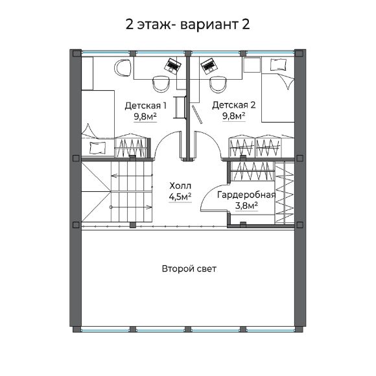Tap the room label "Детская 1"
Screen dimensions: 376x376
pos(146,105)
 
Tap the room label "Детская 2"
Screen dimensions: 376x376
pos(233,105)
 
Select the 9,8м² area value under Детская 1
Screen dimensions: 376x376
pos(146,117)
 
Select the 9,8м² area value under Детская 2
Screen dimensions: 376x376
pos(233,117)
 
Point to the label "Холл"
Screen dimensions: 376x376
pos(180,185)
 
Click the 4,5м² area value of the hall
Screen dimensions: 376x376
pos(180,196)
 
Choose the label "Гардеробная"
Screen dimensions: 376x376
pos(246,194)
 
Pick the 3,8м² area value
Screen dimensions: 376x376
pos(246,206)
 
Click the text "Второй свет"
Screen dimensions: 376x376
pos(189,268)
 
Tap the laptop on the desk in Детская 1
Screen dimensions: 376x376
pos(172,65)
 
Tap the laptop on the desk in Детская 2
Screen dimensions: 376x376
pos(208,65)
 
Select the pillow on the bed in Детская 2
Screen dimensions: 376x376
pos(278,64)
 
